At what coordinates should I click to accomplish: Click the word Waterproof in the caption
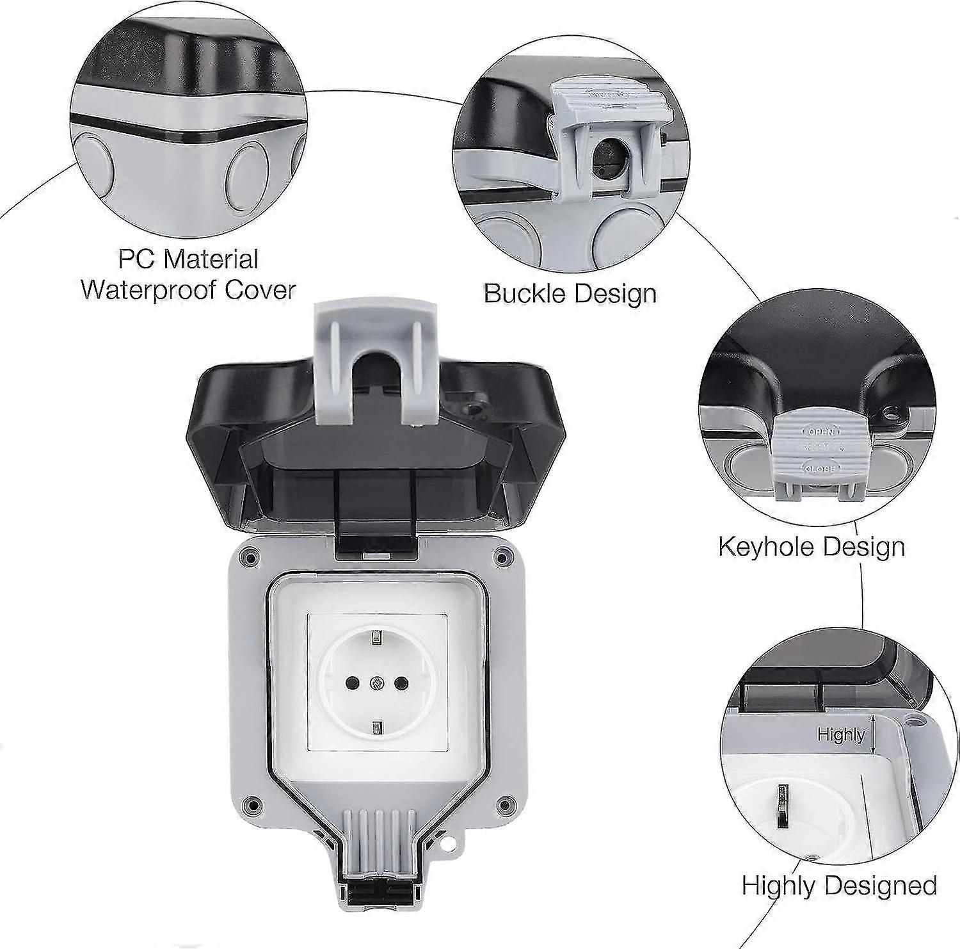click(141, 289)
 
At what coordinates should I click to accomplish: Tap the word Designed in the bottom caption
click(896, 885)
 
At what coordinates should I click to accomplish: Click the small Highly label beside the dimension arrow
click(840, 734)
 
